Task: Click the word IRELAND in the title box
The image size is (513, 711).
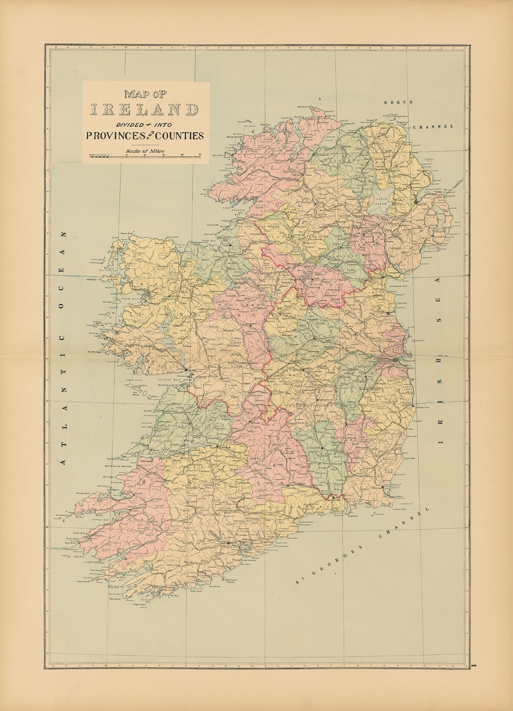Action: [145, 110]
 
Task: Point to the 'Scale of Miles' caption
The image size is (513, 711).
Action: [145, 150]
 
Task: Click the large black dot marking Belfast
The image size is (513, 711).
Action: [417, 202]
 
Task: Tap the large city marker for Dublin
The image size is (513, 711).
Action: [394, 359]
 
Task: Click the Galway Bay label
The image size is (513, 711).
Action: [158, 381]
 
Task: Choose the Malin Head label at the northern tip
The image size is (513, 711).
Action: [305, 107]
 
